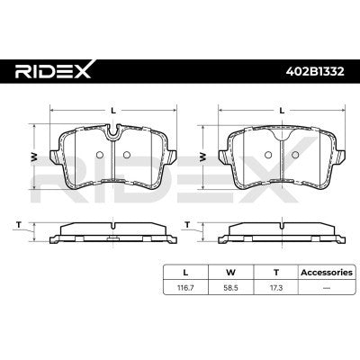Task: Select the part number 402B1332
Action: click(315, 71)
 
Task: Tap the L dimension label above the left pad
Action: click(113, 111)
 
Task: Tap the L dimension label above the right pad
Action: click(282, 111)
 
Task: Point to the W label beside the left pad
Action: click(34, 156)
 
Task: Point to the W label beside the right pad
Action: click(203, 156)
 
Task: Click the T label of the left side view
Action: click(19, 224)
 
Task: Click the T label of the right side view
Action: click(187, 224)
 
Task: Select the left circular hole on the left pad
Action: click(100, 155)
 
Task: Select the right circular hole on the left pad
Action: click(127, 155)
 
